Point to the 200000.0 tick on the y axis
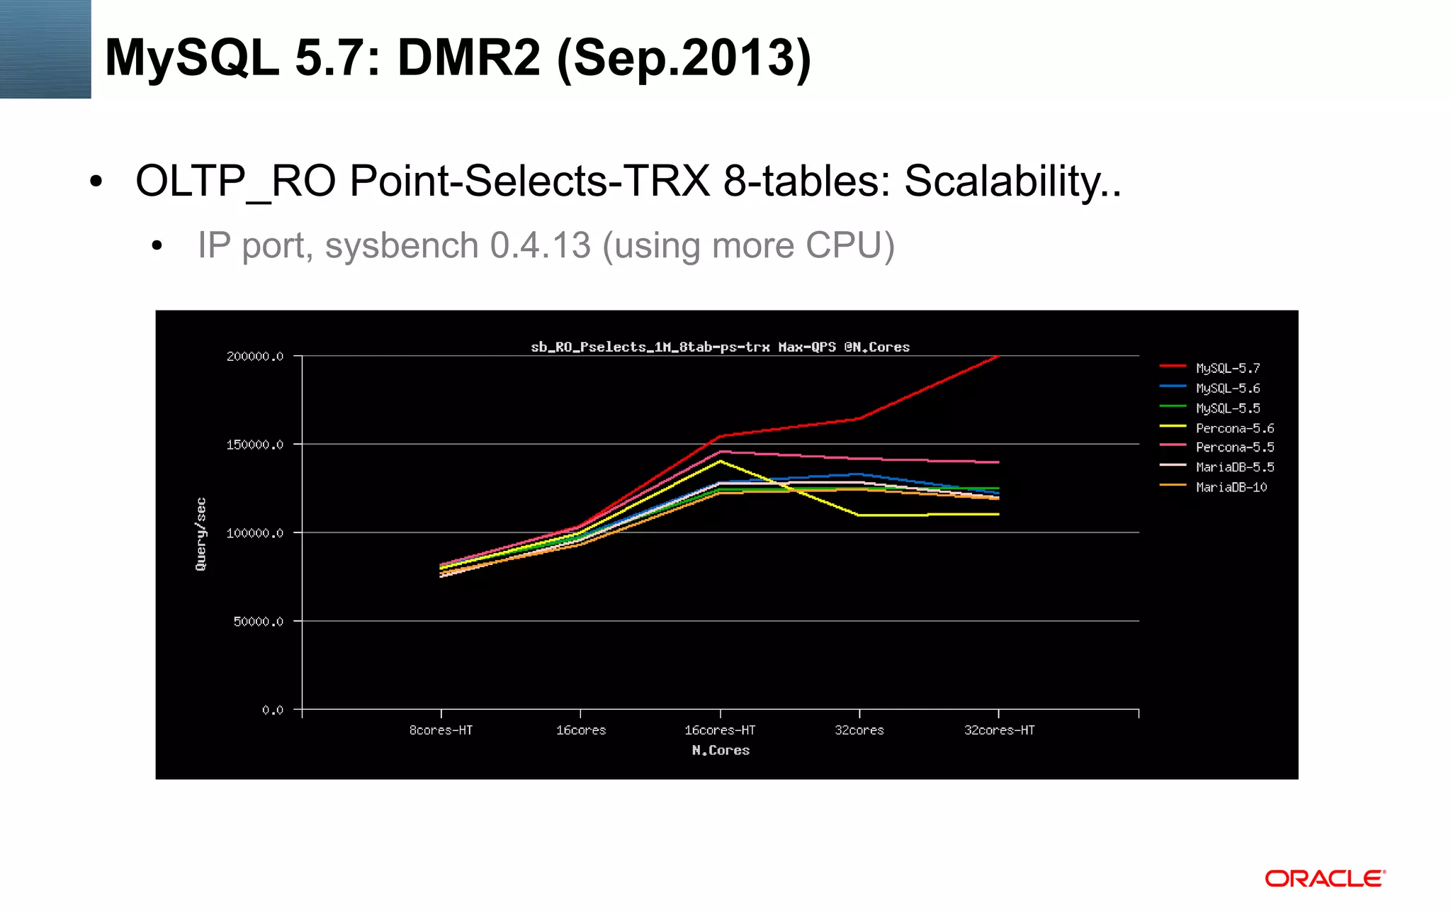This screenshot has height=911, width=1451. coord(255,357)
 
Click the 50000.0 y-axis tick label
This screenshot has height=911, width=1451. coord(259,622)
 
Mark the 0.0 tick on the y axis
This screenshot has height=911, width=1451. coord(272,710)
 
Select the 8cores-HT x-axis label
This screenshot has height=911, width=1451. coord(441,730)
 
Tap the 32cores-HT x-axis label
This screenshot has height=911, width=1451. coord(999,730)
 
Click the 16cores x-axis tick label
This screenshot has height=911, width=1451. coord(580,730)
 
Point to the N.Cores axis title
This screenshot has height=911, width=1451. coord(721,750)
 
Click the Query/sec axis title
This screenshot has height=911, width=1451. coord(201,534)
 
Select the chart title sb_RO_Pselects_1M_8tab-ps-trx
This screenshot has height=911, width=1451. coord(720,347)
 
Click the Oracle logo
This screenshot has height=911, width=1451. coord(1325,878)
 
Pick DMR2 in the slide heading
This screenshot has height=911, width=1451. coord(469,58)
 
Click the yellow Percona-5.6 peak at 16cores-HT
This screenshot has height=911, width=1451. coord(721,461)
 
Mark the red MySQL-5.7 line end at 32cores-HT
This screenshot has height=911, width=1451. coord(998,357)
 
